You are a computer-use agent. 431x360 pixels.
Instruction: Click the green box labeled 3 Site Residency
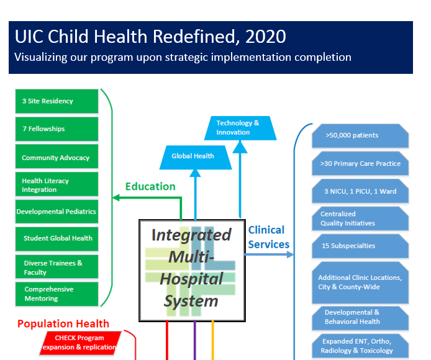point(57,101)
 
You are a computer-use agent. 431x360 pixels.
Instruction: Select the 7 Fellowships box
point(57,129)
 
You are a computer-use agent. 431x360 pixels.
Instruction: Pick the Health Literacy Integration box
point(57,184)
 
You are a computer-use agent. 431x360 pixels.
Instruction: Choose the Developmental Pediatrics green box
point(57,211)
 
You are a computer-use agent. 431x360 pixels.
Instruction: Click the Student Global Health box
point(57,239)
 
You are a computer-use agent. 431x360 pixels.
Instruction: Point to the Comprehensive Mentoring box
point(57,294)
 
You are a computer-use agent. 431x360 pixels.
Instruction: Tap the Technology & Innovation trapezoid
point(240,128)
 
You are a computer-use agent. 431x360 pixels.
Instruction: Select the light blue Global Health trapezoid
point(196,158)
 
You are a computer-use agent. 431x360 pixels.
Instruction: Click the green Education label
point(150,187)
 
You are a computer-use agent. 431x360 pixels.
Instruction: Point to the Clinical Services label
point(268,237)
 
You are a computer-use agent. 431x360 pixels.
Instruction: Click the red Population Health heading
point(63,324)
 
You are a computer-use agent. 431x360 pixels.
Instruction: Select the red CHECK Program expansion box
point(80,343)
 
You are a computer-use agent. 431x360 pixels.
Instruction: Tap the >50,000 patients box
point(360,136)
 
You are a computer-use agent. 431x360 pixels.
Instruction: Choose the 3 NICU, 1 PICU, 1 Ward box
point(360,191)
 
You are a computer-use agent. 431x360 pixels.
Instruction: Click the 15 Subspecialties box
point(360,246)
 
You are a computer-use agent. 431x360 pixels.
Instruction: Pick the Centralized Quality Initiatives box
point(360,218)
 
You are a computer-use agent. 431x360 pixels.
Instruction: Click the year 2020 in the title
point(266,37)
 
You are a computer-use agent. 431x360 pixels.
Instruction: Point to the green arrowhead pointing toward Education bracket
point(116,197)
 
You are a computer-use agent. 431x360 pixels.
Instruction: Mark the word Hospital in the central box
point(191,279)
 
